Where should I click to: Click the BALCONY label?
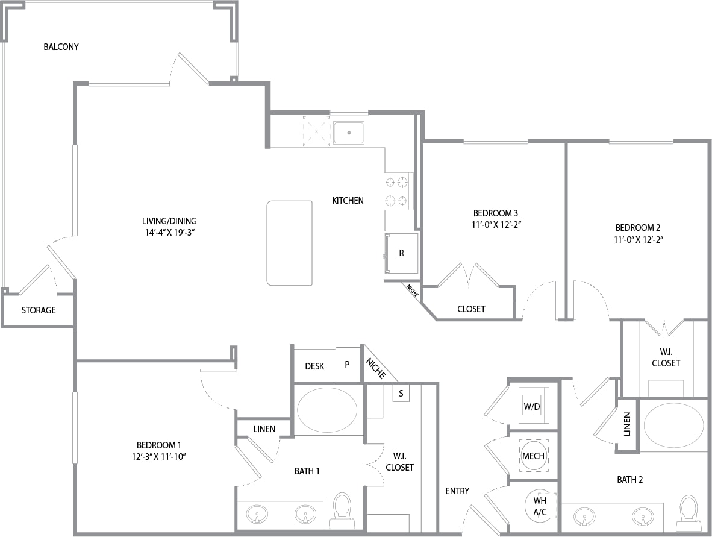click(61, 47)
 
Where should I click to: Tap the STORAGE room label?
click(39, 310)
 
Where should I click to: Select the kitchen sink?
click(349, 133)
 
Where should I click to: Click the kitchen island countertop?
click(289, 243)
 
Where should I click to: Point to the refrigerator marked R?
click(402, 254)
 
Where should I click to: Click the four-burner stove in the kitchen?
click(397, 191)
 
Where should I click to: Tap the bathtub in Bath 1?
click(327, 410)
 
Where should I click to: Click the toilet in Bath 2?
click(688, 514)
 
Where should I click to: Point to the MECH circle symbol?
click(534, 456)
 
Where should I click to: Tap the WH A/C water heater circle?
click(540, 506)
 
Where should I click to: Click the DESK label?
click(314, 366)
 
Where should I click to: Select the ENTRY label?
click(457, 491)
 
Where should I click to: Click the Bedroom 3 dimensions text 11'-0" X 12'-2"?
click(496, 224)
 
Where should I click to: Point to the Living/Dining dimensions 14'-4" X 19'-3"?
click(170, 233)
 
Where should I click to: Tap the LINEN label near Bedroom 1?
click(264, 429)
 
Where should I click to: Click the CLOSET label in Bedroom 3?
click(471, 309)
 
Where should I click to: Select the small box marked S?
click(401, 394)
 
